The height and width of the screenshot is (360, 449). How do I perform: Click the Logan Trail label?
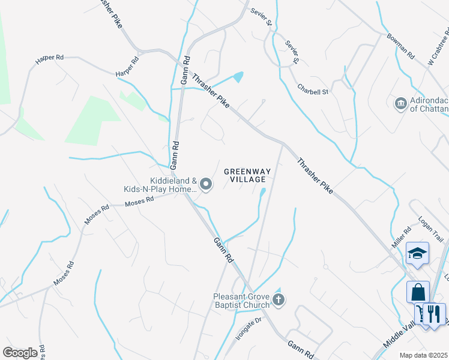(430, 229)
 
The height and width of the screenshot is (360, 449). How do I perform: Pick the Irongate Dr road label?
(249, 329)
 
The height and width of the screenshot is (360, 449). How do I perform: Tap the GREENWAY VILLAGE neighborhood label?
(247, 176)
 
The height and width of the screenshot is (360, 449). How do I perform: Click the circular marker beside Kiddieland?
(206, 184)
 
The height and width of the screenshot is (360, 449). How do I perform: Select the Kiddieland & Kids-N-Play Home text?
(160, 185)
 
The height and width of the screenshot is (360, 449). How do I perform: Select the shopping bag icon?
(418, 292)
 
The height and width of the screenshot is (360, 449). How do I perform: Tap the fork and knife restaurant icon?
(434, 313)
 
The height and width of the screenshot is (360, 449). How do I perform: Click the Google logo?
(20, 353)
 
